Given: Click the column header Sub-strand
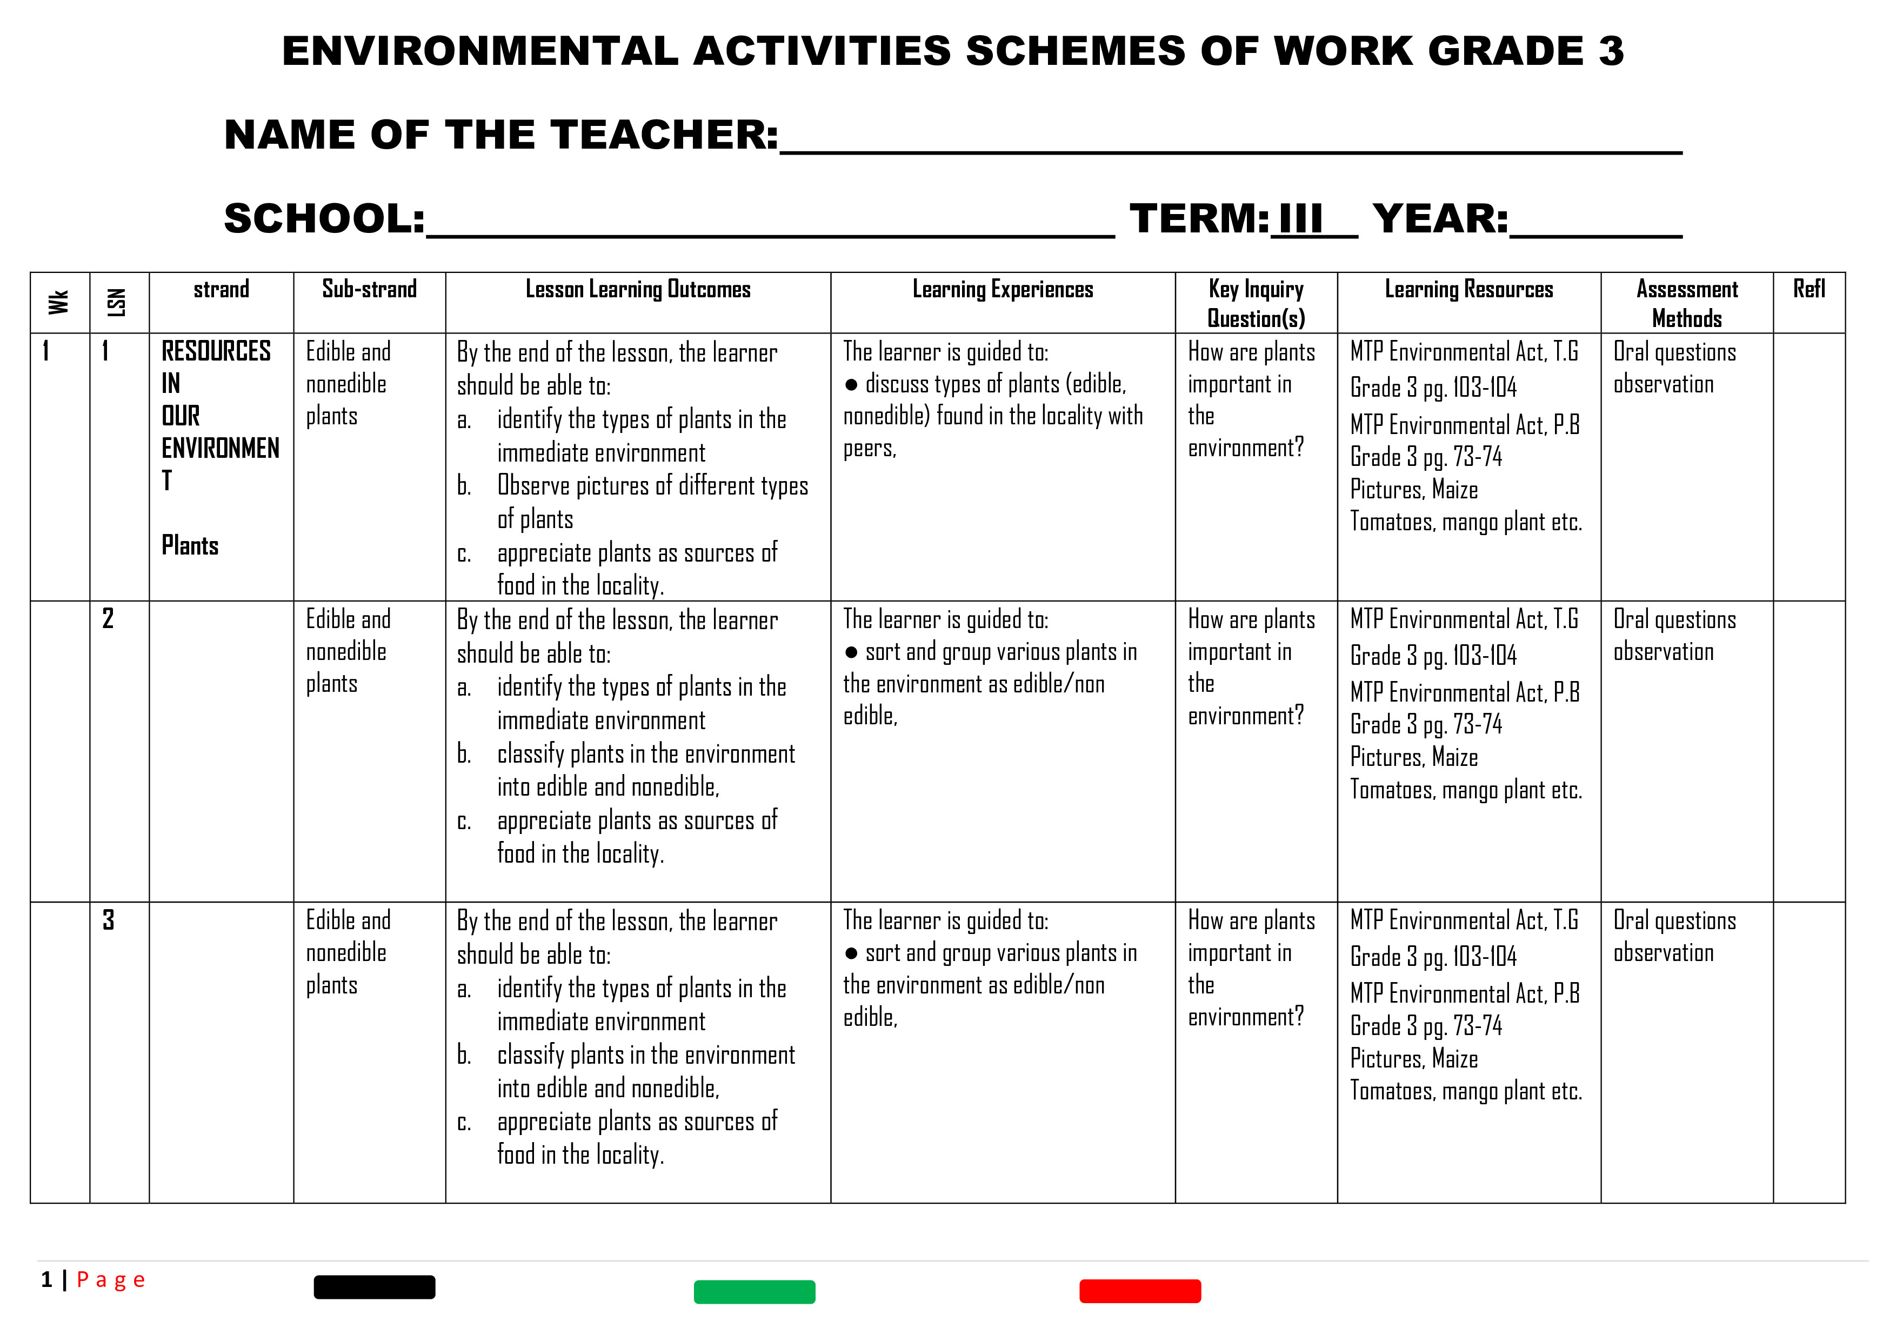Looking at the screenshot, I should pyautogui.click(x=369, y=289).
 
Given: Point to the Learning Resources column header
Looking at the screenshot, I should pyautogui.click(x=1468, y=289).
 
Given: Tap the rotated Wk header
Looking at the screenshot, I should pyautogui.click(x=58, y=302).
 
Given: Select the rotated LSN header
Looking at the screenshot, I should pyautogui.click(x=117, y=302).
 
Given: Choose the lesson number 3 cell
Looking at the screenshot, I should pyautogui.click(x=108, y=920).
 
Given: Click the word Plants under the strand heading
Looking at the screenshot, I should pyautogui.click(x=190, y=546).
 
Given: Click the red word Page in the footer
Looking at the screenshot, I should pyautogui.click(x=111, y=1280).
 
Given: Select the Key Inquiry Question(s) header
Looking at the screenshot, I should pyautogui.click(x=1256, y=303).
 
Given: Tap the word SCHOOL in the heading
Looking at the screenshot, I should pyautogui.click(x=324, y=219).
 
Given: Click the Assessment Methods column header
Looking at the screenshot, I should pyautogui.click(x=1686, y=303).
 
